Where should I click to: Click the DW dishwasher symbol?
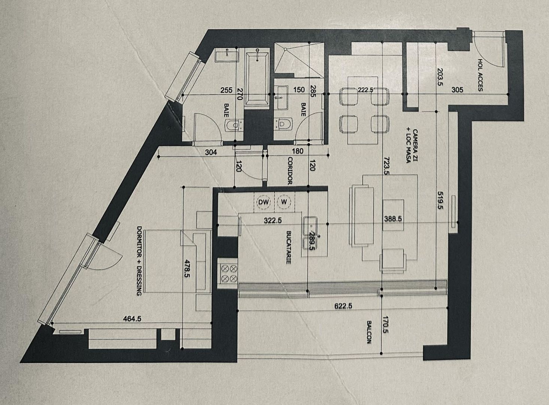pos(264,202)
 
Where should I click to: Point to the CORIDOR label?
pos(289,171)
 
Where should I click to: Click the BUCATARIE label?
pos(289,247)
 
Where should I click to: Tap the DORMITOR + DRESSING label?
pos(139,261)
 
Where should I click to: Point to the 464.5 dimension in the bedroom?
pos(132,319)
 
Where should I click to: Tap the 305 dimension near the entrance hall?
pos(457,90)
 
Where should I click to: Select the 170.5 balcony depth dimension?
pos(386,325)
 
